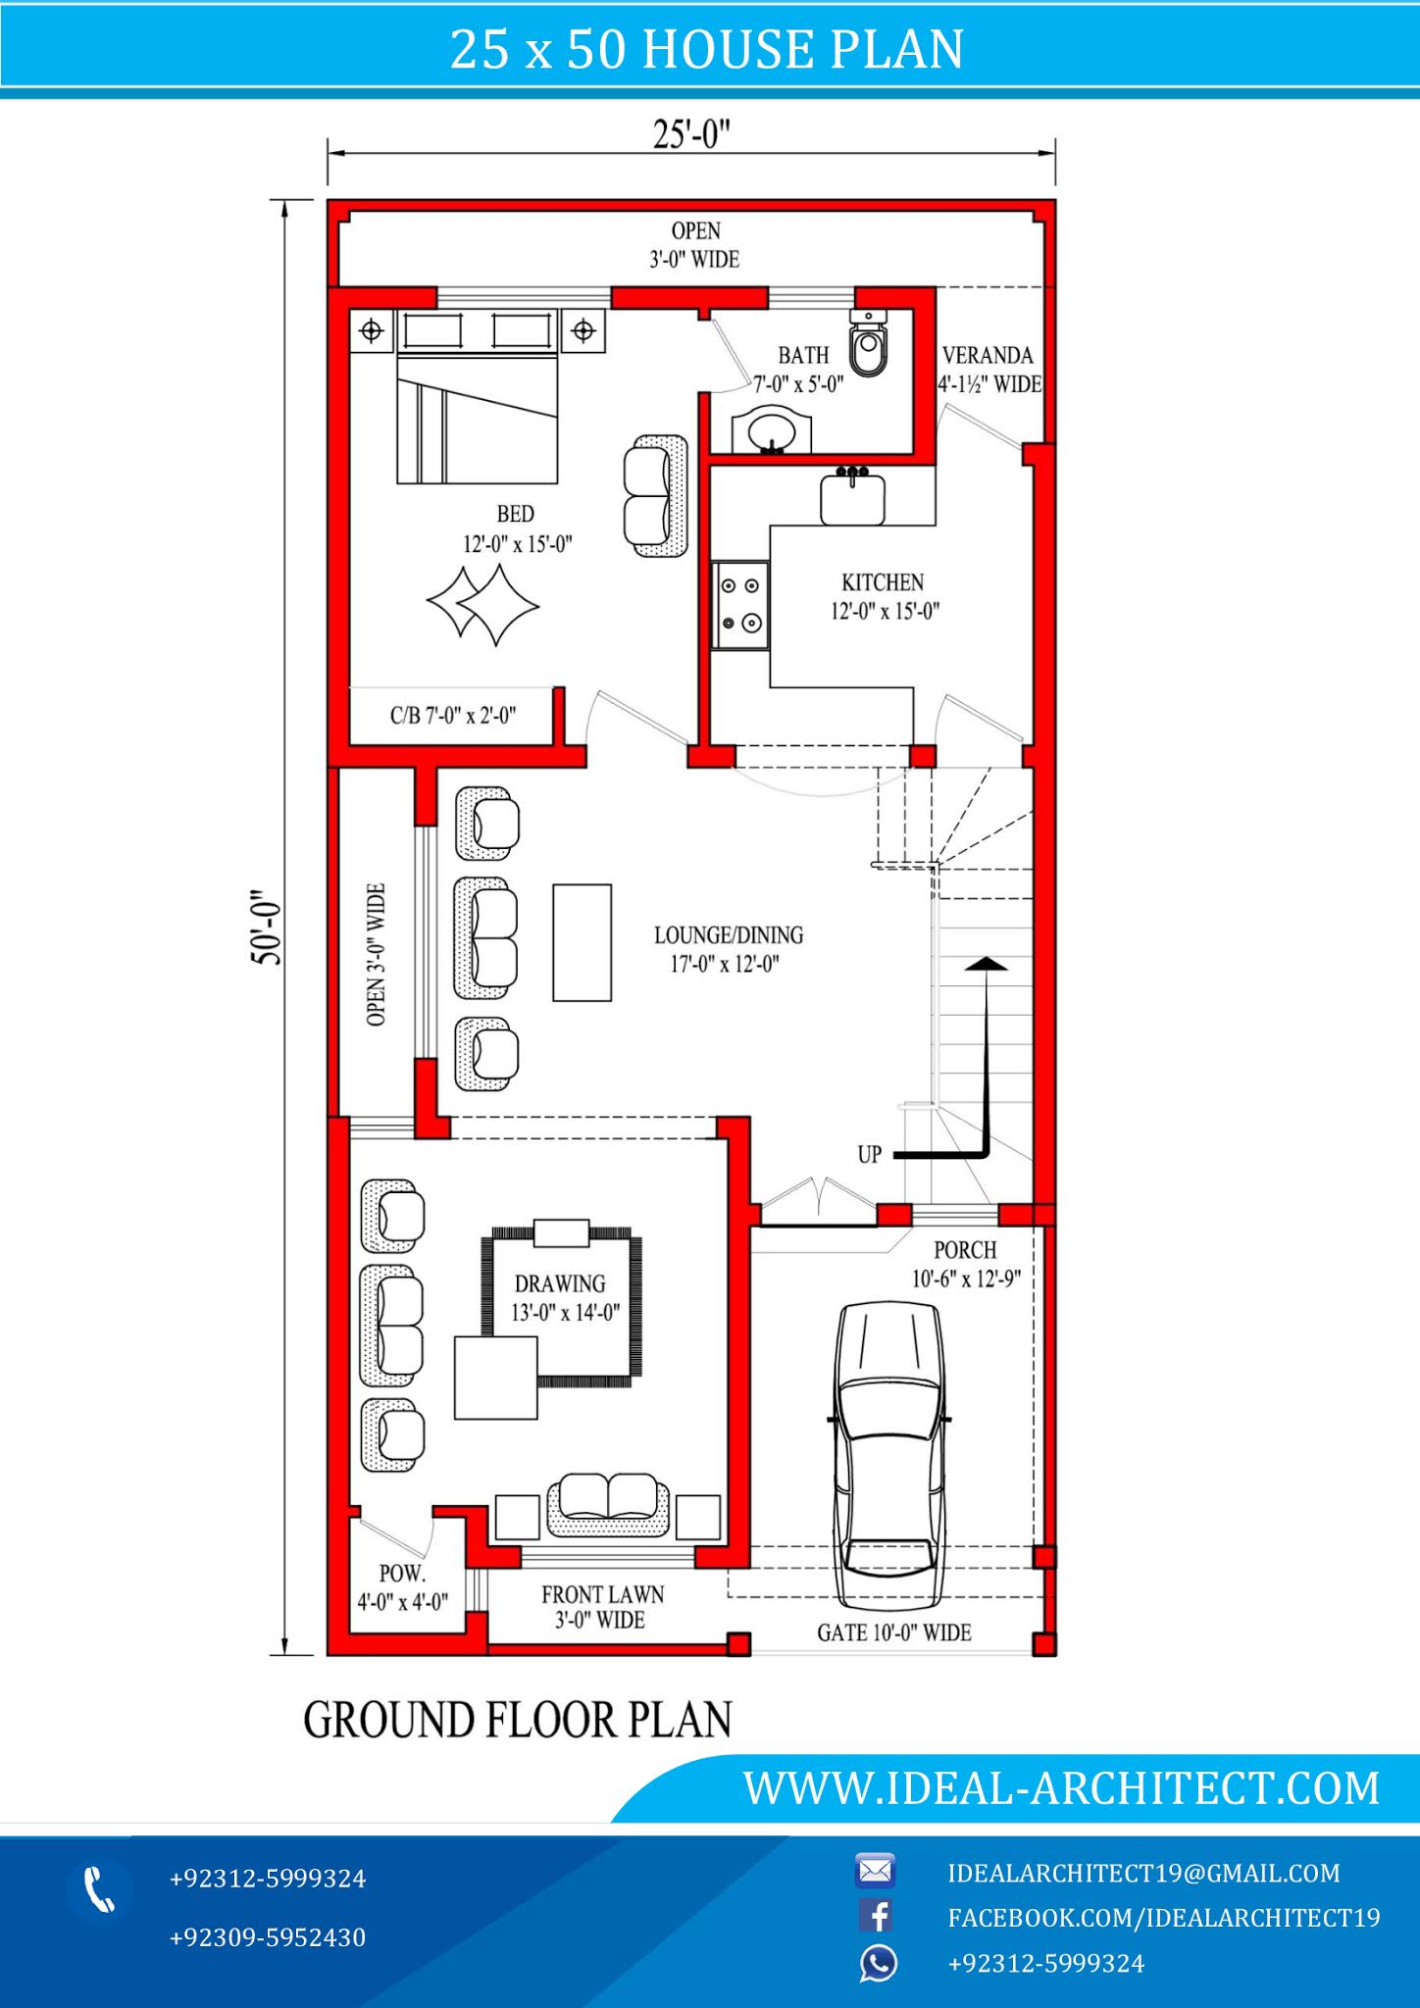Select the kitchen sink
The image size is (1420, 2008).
[x=852, y=498]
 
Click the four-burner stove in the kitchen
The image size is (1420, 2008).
[x=740, y=604]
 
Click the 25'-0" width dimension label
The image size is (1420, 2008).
[x=691, y=135]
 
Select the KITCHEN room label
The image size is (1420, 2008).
[x=883, y=582]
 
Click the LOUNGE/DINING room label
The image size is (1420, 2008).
[x=729, y=935]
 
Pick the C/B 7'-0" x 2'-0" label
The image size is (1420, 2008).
[x=453, y=716]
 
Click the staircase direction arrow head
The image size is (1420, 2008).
[x=986, y=964]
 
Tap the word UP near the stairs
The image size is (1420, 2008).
[x=870, y=1155]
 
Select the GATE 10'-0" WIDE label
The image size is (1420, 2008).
[x=893, y=1632]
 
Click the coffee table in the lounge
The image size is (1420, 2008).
[x=582, y=942]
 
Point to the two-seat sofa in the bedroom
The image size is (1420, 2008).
[x=655, y=497]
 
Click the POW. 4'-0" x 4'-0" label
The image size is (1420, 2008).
[x=402, y=1587]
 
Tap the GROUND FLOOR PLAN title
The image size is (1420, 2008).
[x=518, y=1721]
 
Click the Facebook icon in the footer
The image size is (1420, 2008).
[x=876, y=1916]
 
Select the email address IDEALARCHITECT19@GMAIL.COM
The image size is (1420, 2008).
[x=1143, y=1874]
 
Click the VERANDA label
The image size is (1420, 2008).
[x=988, y=356]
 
